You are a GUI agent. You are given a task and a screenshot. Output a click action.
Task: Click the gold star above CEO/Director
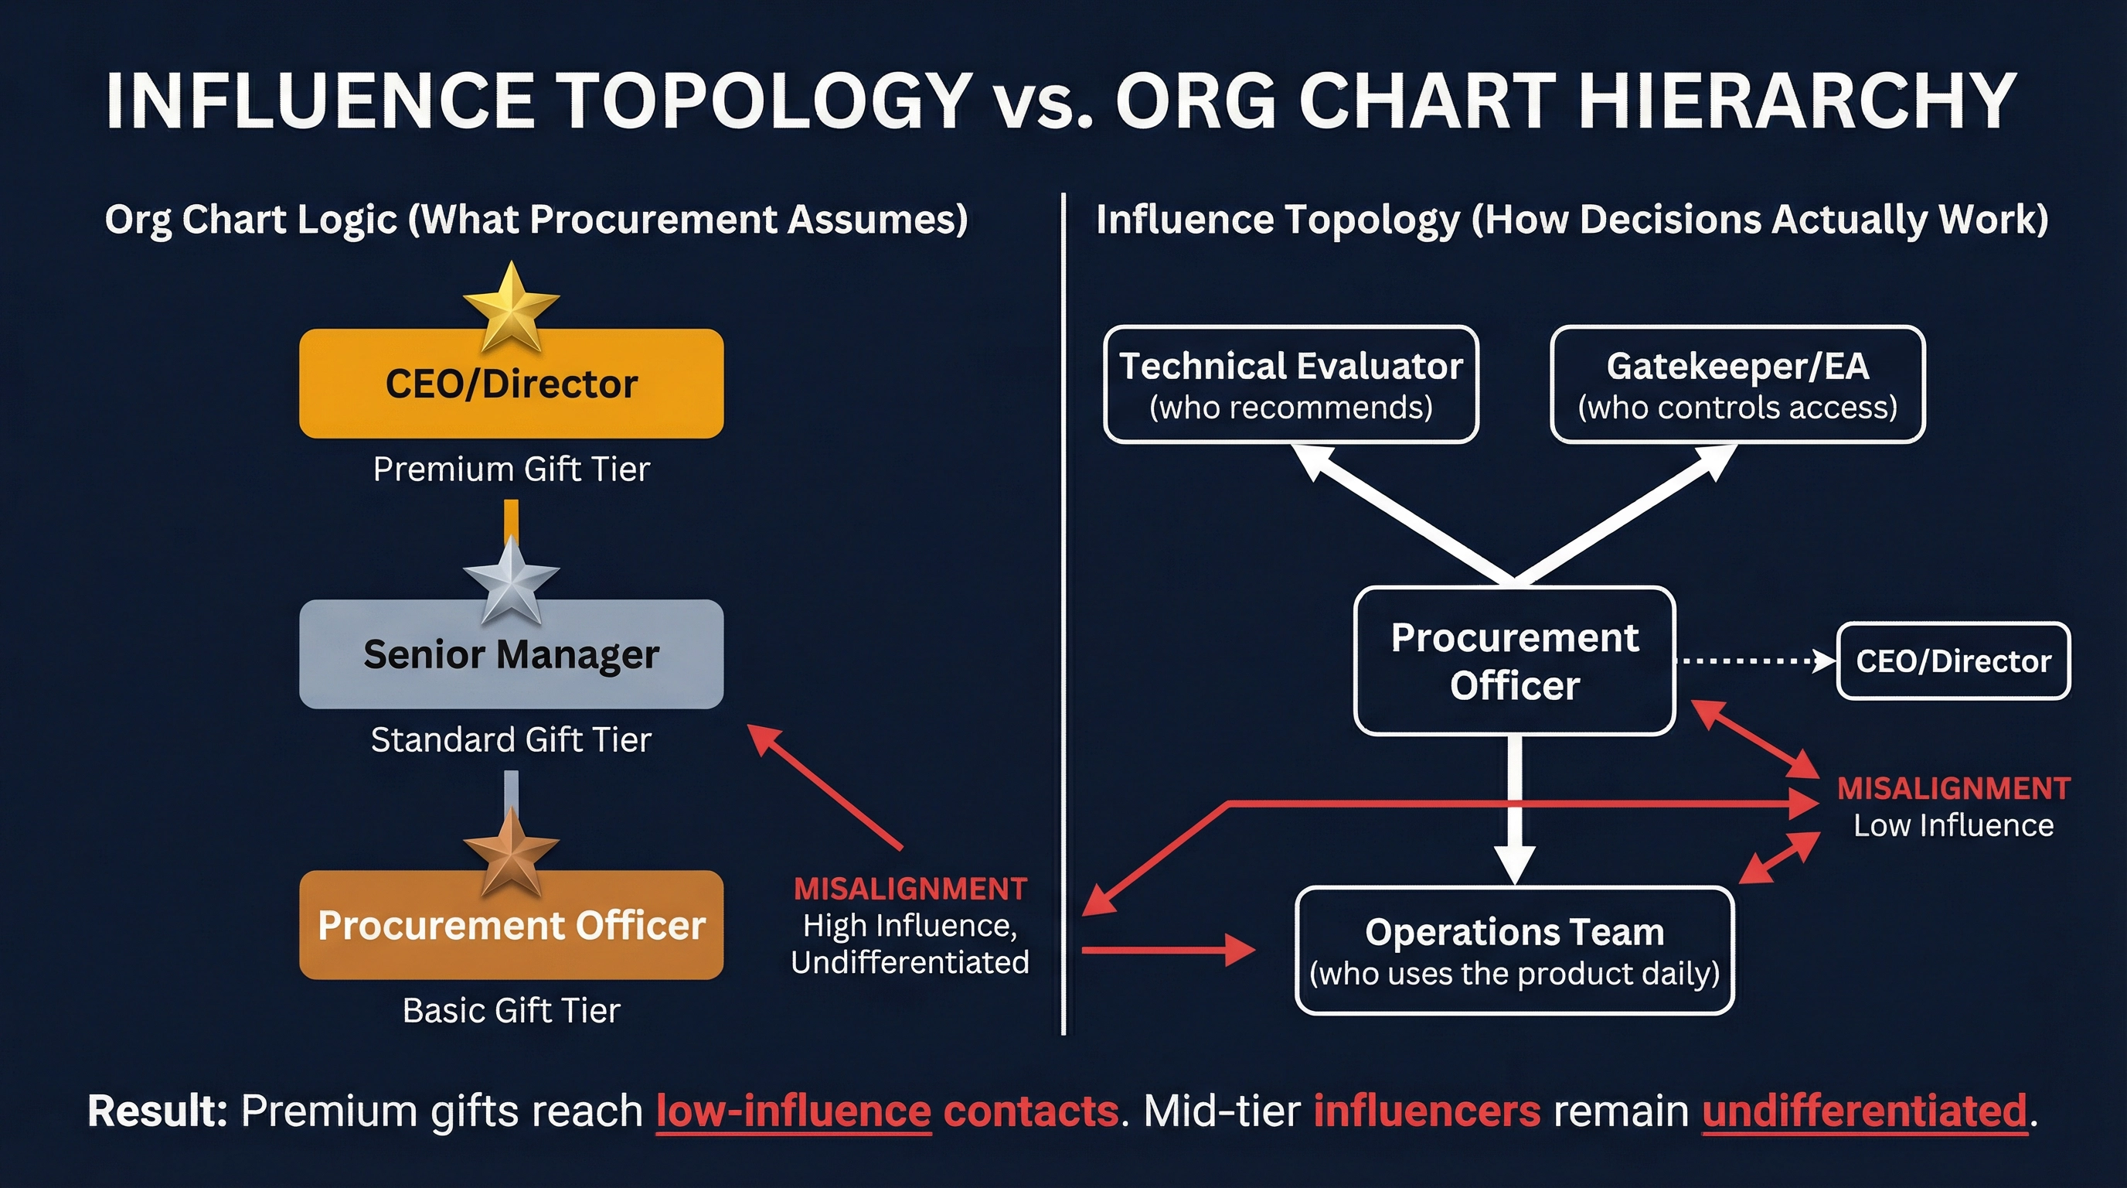click(511, 306)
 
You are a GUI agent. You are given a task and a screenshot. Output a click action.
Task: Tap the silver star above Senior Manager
click(511, 579)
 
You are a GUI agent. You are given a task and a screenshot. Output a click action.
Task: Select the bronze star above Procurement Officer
click(511, 851)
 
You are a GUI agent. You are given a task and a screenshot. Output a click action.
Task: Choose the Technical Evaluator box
click(1291, 385)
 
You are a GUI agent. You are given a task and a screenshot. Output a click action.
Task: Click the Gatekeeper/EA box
click(1737, 385)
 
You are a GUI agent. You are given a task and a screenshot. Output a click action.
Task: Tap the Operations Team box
click(1514, 951)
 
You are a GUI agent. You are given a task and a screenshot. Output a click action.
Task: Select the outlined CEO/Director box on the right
click(1953, 661)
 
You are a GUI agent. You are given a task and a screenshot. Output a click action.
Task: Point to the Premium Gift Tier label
click(511, 469)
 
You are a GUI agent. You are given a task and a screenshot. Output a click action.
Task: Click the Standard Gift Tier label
click(511, 740)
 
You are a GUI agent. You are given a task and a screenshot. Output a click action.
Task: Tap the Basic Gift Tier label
click(511, 1010)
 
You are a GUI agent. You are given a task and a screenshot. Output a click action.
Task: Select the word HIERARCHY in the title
click(1797, 101)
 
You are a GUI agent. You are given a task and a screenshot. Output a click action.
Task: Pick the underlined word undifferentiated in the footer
click(1864, 1111)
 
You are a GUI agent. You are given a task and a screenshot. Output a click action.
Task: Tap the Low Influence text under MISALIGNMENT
click(1953, 825)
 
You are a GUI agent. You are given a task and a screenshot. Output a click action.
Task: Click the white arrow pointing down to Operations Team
click(1514, 810)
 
